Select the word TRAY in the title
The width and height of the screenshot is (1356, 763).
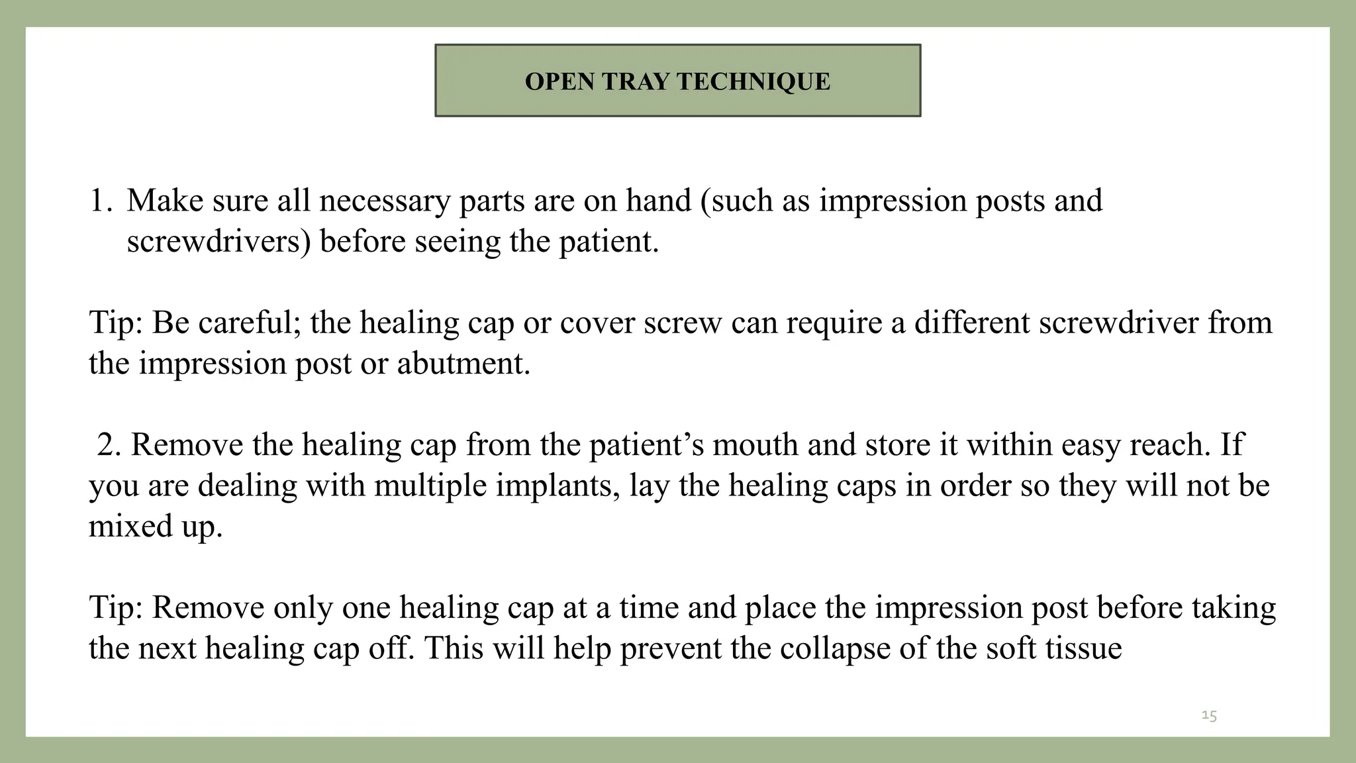pos(636,81)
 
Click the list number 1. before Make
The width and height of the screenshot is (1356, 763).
pos(101,201)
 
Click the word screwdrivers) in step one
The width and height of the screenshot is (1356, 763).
pos(218,242)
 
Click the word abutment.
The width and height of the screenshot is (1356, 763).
pos(463,364)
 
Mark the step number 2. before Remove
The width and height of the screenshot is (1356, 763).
pos(109,444)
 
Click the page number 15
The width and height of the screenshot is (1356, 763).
pos(1209,715)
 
